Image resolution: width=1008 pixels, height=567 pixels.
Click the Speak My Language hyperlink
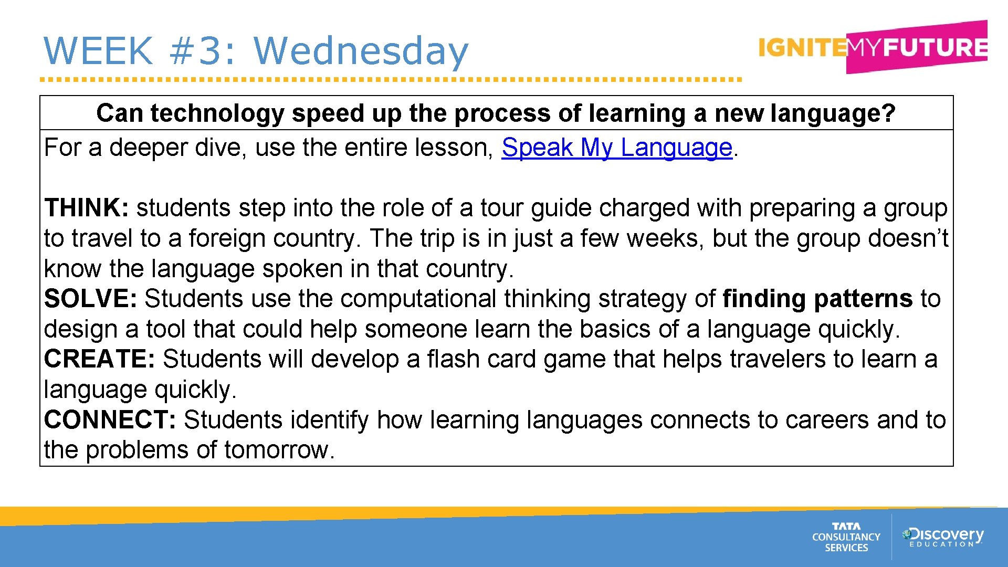(x=616, y=148)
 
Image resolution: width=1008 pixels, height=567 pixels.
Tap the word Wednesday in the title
(x=361, y=51)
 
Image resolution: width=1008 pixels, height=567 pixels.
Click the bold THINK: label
(x=86, y=208)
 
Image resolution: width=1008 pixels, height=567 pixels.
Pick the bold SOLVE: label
(x=90, y=299)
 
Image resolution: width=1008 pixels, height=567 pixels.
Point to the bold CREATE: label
(x=99, y=359)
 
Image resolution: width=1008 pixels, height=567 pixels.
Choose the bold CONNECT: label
(x=110, y=420)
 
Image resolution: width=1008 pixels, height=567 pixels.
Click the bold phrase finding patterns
(x=817, y=299)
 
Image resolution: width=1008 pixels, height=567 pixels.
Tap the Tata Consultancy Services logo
(x=846, y=537)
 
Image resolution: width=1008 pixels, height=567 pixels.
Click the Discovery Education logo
(x=942, y=537)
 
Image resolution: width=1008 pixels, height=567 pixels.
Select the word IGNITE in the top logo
(x=802, y=48)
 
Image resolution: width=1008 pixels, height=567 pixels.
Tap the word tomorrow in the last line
(x=279, y=450)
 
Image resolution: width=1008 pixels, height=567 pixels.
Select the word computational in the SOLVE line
(x=418, y=299)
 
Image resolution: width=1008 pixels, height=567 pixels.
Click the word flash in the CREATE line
(x=453, y=359)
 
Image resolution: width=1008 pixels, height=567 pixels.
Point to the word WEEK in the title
(x=98, y=51)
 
